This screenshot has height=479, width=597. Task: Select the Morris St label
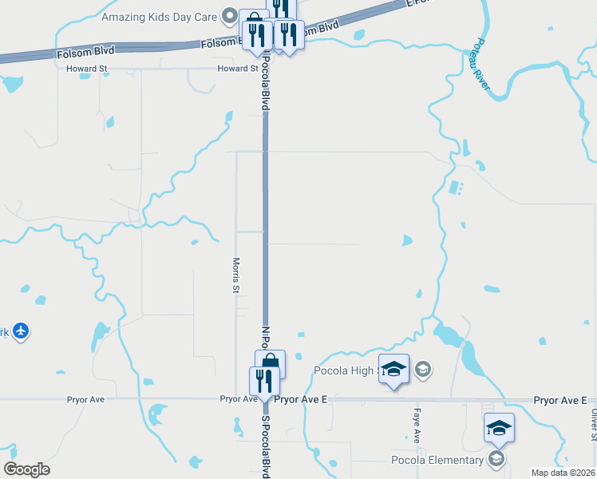tap(236, 275)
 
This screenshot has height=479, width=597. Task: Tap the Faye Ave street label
tap(417, 425)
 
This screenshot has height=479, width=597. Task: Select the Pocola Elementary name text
tap(437, 460)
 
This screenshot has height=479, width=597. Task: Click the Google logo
tap(27, 469)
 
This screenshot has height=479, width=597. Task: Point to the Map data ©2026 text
tap(563, 473)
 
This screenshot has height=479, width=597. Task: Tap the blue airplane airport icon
tap(21, 331)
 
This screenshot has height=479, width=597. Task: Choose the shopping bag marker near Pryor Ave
tap(270, 363)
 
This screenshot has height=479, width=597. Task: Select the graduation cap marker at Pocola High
tap(393, 368)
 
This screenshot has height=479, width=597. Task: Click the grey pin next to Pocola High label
tap(423, 369)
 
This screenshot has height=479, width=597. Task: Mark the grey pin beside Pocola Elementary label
tap(496, 459)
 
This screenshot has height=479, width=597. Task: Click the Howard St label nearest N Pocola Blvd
tap(238, 69)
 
